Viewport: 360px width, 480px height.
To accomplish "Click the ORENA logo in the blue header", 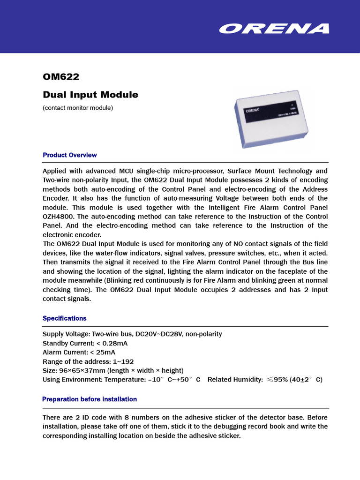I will click(x=274, y=29).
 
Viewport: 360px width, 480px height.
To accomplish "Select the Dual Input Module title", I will click(x=90, y=95).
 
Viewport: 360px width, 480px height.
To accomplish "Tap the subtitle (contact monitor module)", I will click(x=78, y=108).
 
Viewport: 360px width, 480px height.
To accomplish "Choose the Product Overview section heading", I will click(x=70, y=155).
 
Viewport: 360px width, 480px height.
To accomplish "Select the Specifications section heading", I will click(x=65, y=318).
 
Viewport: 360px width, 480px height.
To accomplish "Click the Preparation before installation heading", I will click(x=90, y=399).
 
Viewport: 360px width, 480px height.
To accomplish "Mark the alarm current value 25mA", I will click(x=105, y=352).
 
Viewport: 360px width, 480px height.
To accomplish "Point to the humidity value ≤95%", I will click(x=277, y=380).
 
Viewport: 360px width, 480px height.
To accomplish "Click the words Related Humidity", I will click(x=235, y=380).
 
